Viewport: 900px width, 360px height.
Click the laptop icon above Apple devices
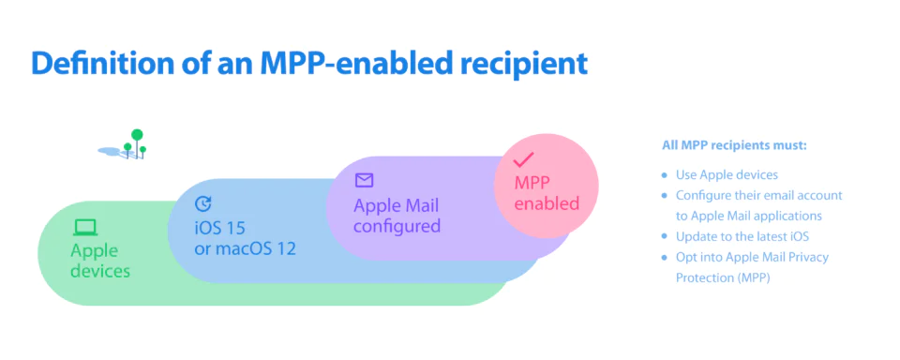point(85,228)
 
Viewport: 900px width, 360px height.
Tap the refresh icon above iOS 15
point(203,203)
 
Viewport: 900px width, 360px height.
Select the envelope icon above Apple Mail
point(364,180)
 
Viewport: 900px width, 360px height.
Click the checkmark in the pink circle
point(523,159)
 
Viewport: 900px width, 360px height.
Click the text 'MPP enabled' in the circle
point(547,193)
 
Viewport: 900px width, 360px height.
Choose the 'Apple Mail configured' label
point(397,216)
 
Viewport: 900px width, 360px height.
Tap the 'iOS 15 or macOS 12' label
point(245,238)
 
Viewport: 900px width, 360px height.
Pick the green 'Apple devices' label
point(100,261)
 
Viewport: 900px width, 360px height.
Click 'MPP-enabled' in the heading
point(342,64)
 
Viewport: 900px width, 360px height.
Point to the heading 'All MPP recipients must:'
point(735,146)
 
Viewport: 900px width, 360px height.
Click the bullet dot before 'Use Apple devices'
point(665,175)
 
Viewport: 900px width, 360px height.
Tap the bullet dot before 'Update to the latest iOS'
point(665,236)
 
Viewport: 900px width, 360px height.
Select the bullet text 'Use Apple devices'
point(727,174)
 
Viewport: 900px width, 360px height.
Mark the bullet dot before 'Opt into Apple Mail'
point(665,257)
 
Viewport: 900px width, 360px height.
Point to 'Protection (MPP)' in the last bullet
point(723,277)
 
